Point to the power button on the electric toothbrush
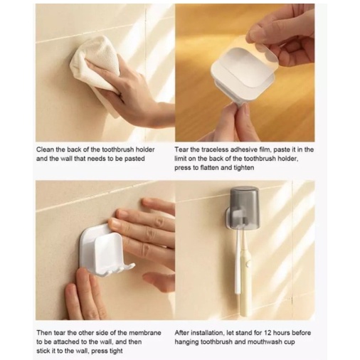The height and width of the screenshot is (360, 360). (x=248, y=263)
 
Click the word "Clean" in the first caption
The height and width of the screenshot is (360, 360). (x=45, y=149)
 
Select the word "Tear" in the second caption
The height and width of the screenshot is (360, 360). (x=181, y=149)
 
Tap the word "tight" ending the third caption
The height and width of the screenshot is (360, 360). (x=115, y=351)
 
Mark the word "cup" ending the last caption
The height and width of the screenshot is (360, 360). (x=290, y=342)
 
